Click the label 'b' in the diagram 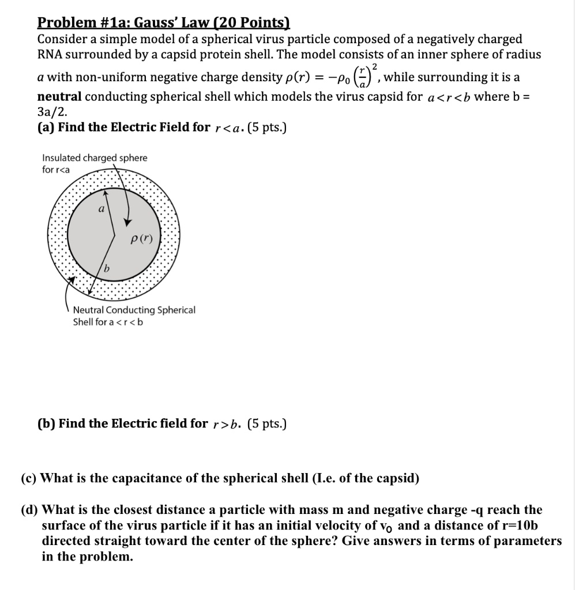click(107, 268)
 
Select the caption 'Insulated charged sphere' click(95, 158)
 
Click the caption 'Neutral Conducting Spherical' click(134, 310)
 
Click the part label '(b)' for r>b click(46, 424)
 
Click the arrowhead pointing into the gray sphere click(127, 223)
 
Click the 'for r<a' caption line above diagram click(56, 169)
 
